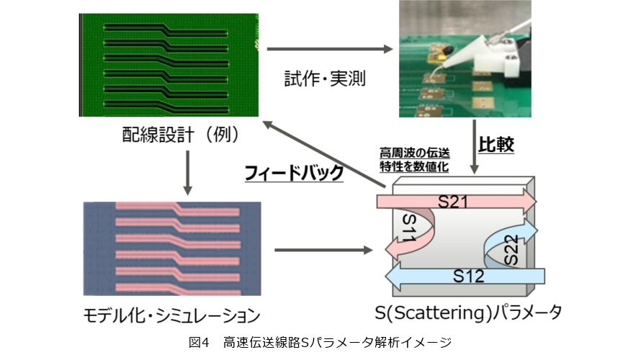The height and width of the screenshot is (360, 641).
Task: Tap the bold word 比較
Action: (x=496, y=144)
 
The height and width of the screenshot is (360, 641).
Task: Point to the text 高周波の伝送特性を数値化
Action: (x=414, y=160)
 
